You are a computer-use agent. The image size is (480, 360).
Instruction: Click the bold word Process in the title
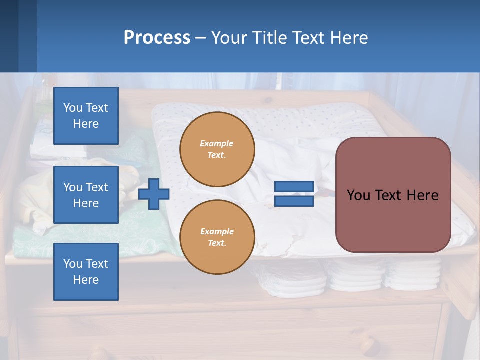pyautogui.click(x=157, y=38)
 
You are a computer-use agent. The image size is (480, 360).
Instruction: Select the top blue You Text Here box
pyautogui.click(x=86, y=116)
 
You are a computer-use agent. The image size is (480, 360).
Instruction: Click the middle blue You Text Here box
pyautogui.click(x=86, y=195)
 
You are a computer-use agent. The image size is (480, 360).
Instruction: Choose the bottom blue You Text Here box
pyautogui.click(x=86, y=272)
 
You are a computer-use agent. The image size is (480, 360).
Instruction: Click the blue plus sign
pyautogui.click(x=153, y=194)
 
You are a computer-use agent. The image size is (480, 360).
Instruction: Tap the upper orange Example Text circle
pyautogui.click(x=217, y=149)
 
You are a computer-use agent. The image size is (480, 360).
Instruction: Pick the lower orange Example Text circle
pyautogui.click(x=217, y=237)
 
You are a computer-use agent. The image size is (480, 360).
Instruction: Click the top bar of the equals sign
pyautogui.click(x=294, y=187)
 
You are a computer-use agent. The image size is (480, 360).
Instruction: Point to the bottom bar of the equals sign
pyautogui.click(x=294, y=201)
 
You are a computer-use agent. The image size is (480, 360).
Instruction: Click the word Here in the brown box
pyautogui.click(x=422, y=195)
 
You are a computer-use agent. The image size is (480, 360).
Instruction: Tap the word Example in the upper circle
pyautogui.click(x=217, y=143)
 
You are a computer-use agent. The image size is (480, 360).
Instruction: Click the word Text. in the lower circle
pyautogui.click(x=217, y=243)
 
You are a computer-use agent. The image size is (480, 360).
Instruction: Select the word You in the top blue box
pyautogui.click(x=73, y=108)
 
